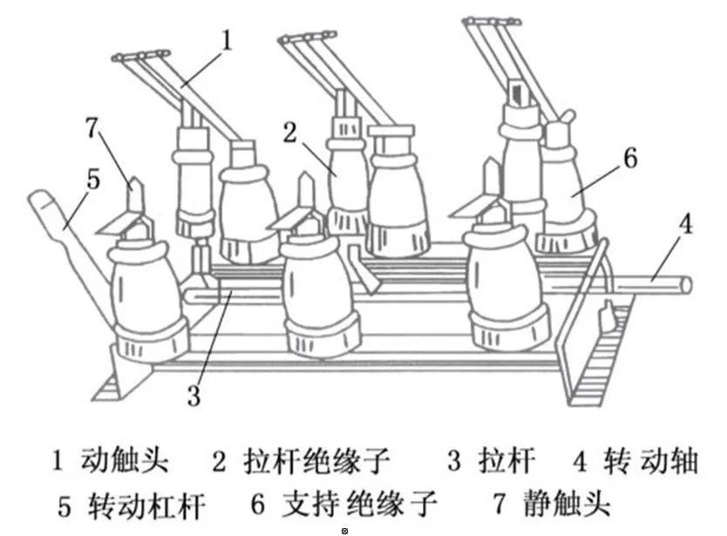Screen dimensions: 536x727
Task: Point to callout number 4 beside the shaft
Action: tap(685, 225)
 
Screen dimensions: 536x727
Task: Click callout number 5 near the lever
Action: tap(93, 179)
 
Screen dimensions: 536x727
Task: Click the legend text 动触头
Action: tap(123, 460)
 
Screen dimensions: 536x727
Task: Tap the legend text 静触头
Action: tap(567, 504)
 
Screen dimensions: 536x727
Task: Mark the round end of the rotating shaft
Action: tap(686, 284)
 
